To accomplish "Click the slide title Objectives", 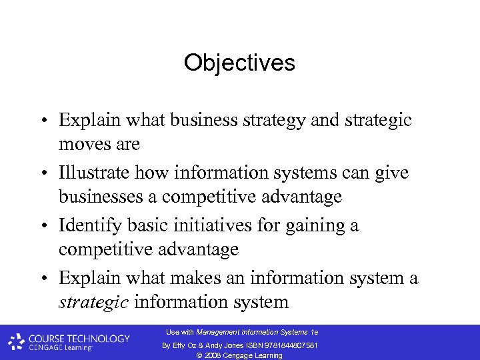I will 239,63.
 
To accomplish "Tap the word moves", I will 85,144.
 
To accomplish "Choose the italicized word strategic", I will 93,302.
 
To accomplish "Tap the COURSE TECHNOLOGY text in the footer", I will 79,339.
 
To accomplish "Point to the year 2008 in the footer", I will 211,356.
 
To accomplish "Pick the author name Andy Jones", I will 229,345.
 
